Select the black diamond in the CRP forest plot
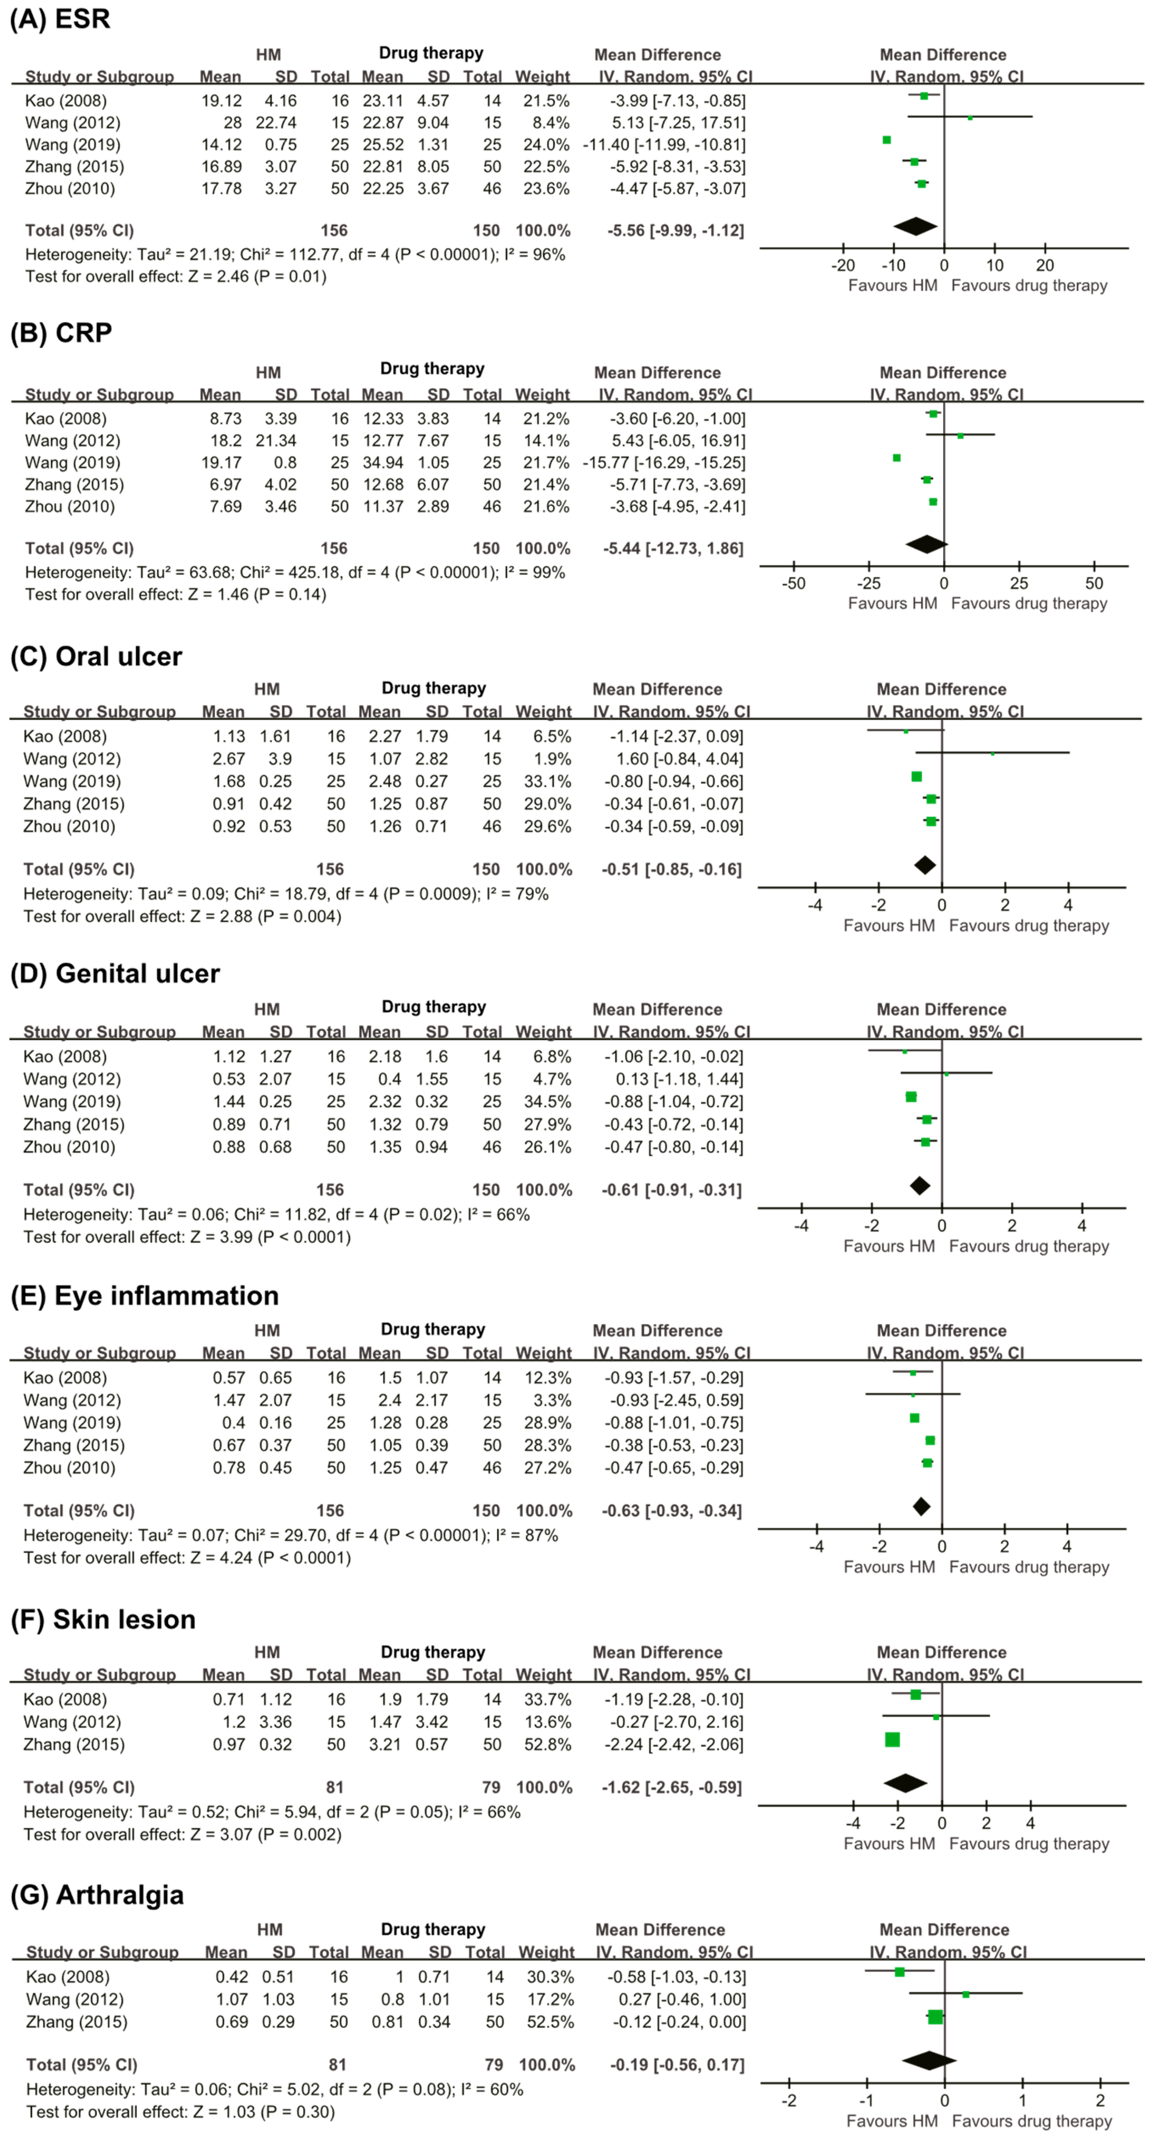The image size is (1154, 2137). pyautogui.click(x=926, y=544)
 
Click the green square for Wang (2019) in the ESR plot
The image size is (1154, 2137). pyautogui.click(x=887, y=140)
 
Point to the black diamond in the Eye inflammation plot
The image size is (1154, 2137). pyautogui.click(x=921, y=1507)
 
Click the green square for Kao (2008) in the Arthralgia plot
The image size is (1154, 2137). pyautogui.click(x=899, y=1972)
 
